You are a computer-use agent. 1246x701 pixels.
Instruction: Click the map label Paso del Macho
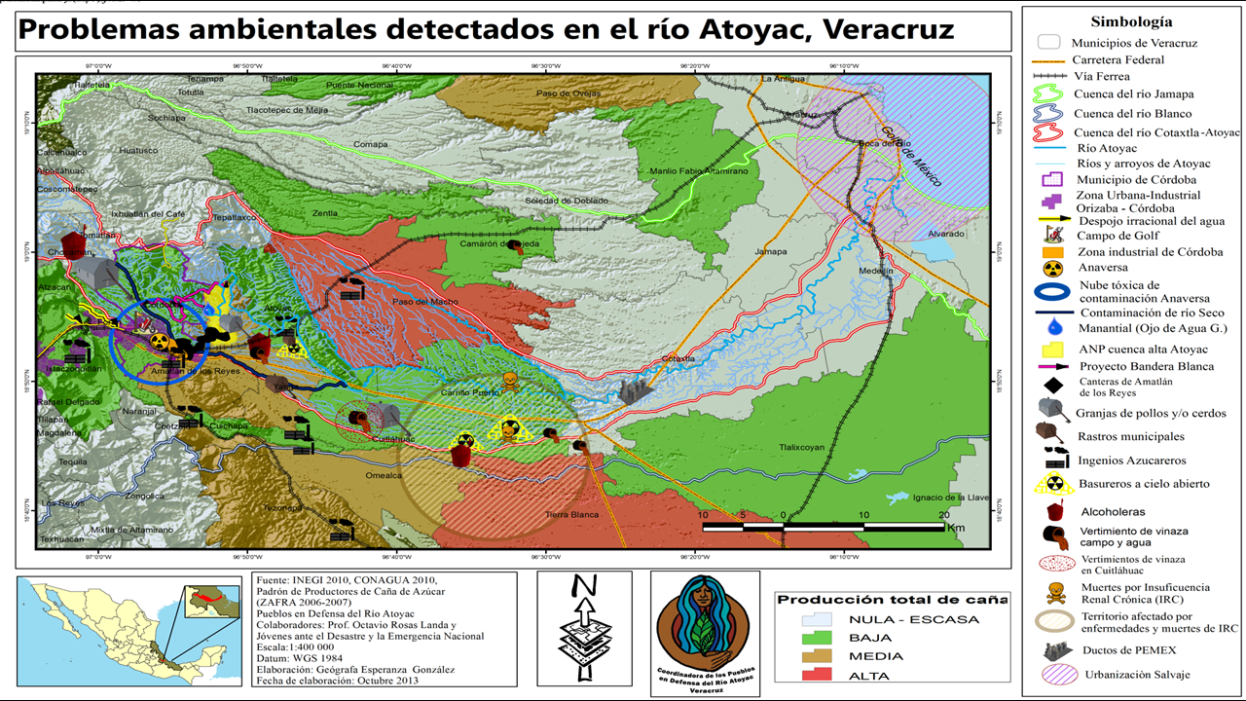point(418,302)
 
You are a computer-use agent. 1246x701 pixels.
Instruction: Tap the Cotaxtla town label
point(678,358)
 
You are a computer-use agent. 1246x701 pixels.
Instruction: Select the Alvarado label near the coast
point(945,235)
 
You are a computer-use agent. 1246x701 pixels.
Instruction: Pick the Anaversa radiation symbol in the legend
point(1047,267)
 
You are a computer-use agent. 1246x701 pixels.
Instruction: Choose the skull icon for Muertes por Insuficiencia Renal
point(1050,593)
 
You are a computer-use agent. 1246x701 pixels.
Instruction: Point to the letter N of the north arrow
point(585,587)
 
